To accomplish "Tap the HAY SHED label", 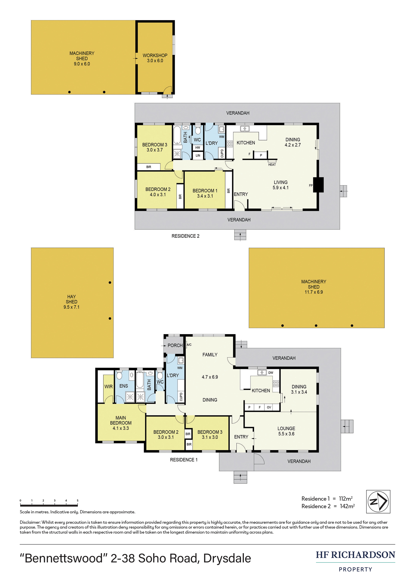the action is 72,299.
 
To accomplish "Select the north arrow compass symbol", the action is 378,502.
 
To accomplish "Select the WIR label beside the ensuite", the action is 108,387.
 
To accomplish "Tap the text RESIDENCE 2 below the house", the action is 185,236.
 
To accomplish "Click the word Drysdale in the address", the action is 227,558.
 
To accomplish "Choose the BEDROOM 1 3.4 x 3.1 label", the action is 205,193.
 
